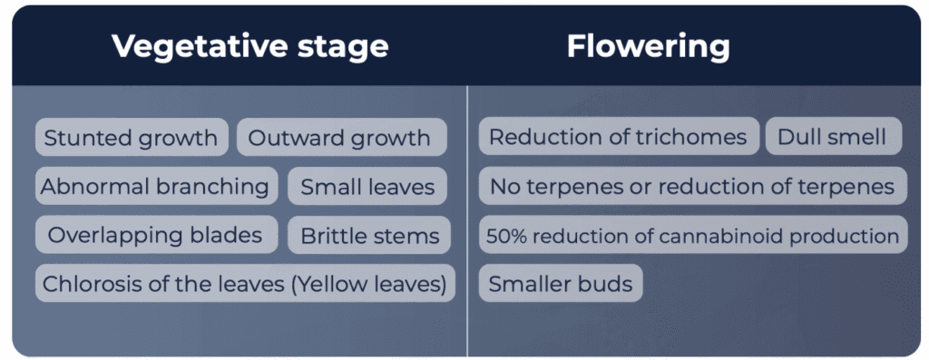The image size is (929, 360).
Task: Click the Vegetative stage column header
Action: click(249, 47)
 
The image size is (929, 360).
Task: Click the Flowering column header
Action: click(648, 47)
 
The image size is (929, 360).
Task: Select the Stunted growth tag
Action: click(132, 137)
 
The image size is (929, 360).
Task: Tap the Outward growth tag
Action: click(341, 137)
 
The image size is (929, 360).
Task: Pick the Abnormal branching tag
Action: click(156, 187)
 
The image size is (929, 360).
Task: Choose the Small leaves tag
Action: click(367, 187)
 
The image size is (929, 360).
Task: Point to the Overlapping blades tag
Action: click(156, 235)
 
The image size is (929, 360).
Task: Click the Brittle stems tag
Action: click(370, 235)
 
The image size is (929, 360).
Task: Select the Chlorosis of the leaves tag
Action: click(245, 284)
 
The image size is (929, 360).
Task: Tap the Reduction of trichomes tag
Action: click(619, 137)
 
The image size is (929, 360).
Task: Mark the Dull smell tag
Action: click(834, 137)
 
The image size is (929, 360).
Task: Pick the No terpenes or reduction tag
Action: click(692, 187)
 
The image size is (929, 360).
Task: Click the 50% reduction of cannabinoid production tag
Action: click(692, 235)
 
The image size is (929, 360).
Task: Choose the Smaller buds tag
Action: click(561, 284)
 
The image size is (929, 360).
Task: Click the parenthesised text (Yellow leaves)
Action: click(368, 284)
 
